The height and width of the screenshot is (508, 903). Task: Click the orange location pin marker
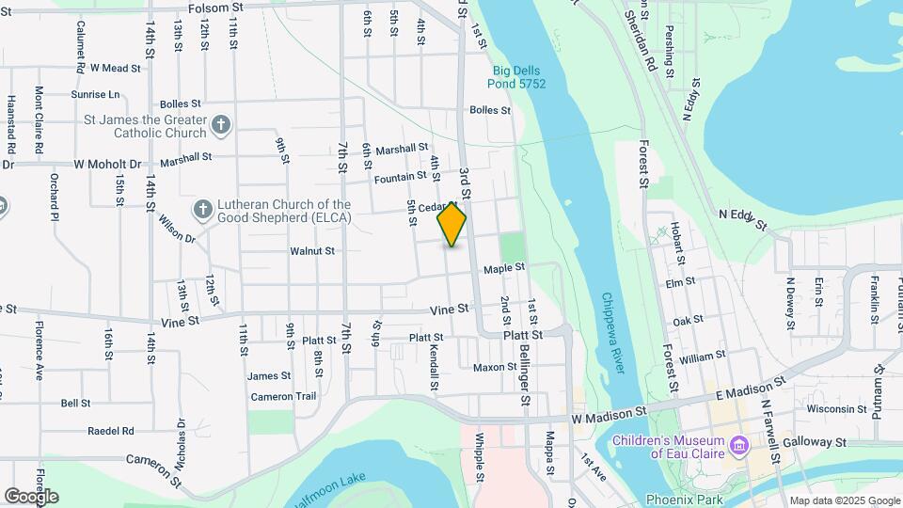click(451, 225)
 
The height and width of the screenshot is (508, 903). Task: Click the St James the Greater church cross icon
click(220, 125)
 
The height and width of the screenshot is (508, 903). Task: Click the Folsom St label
click(215, 7)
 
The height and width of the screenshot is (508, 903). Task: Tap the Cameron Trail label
click(283, 397)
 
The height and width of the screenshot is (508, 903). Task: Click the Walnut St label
click(312, 251)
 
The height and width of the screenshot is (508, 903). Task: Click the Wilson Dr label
click(177, 231)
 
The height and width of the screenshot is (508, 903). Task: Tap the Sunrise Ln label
click(96, 94)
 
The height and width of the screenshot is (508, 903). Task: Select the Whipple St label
click(479, 457)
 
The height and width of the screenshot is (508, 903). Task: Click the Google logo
click(31, 496)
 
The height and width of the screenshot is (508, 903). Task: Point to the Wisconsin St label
click(836, 409)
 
